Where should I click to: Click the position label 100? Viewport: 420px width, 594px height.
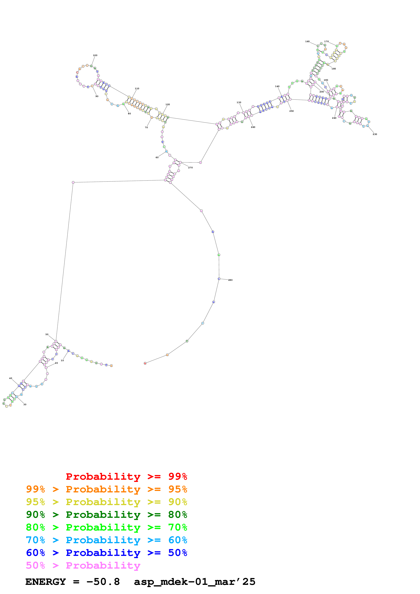(x=95, y=55)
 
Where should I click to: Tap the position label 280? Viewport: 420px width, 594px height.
(x=230, y=280)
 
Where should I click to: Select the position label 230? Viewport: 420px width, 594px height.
(x=375, y=134)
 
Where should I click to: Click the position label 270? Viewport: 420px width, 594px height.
(x=190, y=168)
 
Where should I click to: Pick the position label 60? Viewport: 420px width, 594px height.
(x=157, y=157)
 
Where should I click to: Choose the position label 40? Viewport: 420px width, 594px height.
(x=11, y=378)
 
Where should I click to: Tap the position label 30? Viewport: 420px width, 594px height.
(x=25, y=404)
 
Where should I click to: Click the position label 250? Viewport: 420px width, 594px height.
(x=291, y=111)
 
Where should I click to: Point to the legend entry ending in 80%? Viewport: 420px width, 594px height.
(x=106, y=515)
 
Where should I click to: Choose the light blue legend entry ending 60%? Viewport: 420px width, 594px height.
(x=106, y=540)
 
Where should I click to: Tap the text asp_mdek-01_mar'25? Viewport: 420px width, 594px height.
(x=195, y=582)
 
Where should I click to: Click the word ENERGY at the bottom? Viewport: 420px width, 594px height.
(x=46, y=582)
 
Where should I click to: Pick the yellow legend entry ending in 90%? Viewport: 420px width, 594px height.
(x=106, y=502)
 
